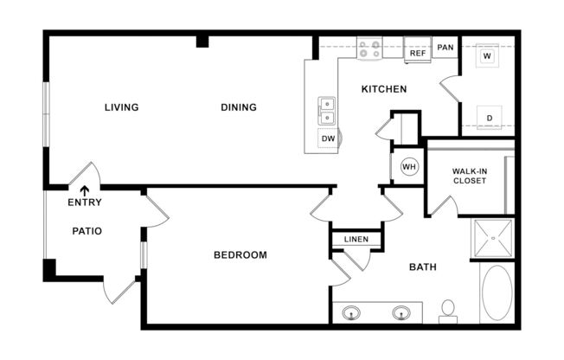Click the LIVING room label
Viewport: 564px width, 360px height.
[121, 107]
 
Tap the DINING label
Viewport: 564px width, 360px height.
[238, 107]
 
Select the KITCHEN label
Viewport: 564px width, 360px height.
[383, 89]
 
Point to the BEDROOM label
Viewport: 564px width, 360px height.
[240, 255]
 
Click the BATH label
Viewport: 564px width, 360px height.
[422, 267]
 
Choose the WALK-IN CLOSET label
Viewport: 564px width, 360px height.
[469, 176]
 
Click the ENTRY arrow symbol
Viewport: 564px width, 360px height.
[85, 191]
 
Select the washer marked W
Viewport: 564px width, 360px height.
[487, 56]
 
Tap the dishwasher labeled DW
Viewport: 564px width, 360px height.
[329, 138]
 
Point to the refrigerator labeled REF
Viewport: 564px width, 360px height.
[418, 53]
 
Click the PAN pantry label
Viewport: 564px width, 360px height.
[445, 48]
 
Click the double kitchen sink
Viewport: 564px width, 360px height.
[328, 110]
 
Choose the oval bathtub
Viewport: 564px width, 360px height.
[496, 293]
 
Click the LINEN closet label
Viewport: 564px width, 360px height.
[356, 239]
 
